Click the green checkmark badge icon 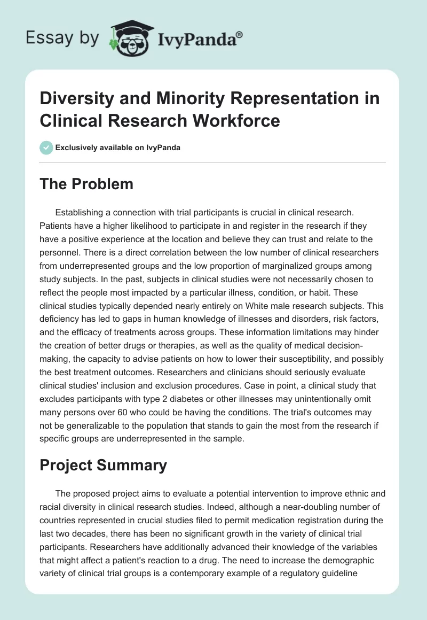(46, 148)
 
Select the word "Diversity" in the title (76, 99)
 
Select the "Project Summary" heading (103, 465)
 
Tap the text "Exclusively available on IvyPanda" (118, 148)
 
